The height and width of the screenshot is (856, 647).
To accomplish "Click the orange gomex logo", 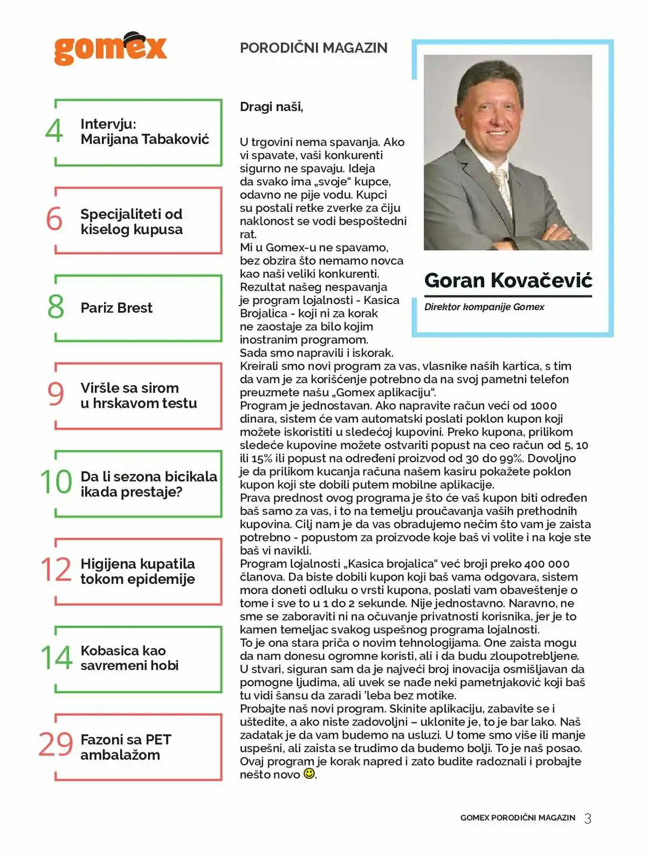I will click(110, 50).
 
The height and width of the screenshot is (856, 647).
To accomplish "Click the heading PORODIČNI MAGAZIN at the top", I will click(313, 48).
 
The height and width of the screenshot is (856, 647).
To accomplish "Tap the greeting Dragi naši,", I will click(271, 107).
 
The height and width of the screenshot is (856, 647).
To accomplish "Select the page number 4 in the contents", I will click(54, 131).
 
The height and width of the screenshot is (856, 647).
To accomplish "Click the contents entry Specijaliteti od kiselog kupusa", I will click(132, 222).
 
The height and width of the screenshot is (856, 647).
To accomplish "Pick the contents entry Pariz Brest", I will click(116, 308).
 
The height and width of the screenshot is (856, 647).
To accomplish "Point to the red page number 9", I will click(56, 394).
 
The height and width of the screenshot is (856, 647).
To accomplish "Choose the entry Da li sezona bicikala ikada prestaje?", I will click(148, 484).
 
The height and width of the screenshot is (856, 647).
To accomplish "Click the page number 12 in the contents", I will click(56, 570).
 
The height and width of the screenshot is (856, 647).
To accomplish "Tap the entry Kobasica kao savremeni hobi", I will click(129, 658).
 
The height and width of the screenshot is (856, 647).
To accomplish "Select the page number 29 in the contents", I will click(56, 744).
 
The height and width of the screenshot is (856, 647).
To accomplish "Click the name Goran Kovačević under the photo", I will click(508, 280).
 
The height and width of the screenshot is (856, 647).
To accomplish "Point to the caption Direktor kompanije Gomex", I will click(484, 307).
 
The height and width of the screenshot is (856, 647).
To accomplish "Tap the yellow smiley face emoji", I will click(309, 774).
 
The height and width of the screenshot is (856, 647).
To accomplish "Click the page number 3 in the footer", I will click(588, 818).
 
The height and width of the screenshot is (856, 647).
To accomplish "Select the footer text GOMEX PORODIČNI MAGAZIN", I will click(518, 818).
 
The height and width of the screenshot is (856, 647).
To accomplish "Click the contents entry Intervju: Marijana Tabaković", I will click(144, 132).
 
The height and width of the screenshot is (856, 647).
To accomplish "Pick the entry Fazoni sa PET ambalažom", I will click(126, 747).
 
